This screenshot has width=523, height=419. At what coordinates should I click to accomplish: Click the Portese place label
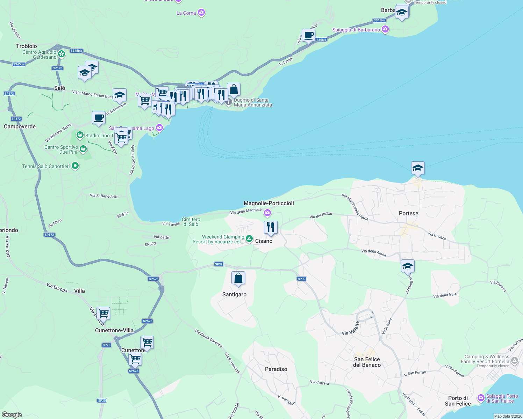408,213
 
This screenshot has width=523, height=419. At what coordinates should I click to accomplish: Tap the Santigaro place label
234,294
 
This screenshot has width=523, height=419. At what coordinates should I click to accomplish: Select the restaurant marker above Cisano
271,228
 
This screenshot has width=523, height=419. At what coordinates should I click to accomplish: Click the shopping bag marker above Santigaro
238,278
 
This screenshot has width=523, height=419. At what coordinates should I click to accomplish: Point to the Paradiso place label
276,369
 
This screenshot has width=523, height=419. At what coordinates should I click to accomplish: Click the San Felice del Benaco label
367,362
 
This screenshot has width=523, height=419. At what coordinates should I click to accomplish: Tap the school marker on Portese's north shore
418,168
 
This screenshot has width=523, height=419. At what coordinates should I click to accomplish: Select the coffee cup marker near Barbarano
308,35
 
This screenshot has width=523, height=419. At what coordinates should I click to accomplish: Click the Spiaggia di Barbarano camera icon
385,30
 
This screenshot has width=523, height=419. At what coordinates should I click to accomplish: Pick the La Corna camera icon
201,13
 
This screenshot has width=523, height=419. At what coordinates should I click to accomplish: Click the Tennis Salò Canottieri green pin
75,166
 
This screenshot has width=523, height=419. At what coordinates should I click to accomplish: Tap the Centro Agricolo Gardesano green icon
62,54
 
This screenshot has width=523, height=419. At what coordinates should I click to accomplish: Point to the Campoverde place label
20,126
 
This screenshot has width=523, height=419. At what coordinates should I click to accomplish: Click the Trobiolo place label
26,46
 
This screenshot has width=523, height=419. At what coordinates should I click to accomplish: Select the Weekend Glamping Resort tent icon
249,239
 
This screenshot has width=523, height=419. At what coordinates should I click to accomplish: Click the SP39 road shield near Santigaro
219,264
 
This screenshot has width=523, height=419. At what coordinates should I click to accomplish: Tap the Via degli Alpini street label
373,252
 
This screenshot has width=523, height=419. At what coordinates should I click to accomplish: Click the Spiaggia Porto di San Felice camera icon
481,398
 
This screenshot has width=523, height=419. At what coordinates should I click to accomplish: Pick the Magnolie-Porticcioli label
268,203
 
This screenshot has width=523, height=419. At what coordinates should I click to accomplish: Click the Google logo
12,414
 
